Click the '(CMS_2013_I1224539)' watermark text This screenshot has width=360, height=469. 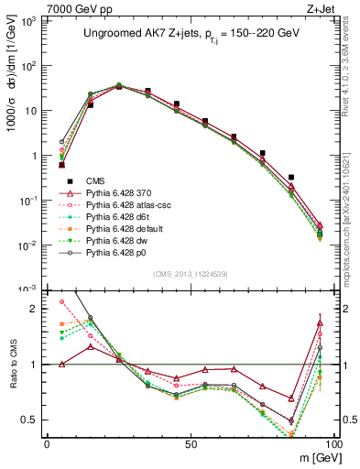tap(191, 273)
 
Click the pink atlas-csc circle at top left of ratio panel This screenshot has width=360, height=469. tap(61, 301)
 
